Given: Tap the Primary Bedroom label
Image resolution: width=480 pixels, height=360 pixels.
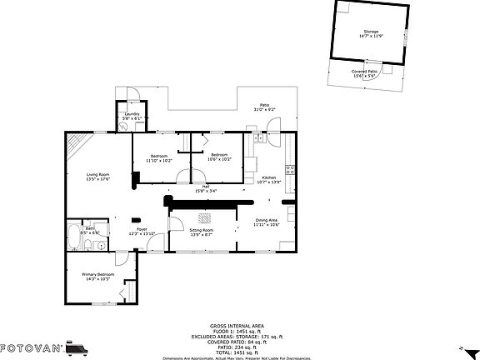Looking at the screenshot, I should coord(97,276).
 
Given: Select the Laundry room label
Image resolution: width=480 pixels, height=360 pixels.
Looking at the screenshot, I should coord(132,116).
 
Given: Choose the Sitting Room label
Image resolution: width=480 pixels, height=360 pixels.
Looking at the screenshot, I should coord(202,232).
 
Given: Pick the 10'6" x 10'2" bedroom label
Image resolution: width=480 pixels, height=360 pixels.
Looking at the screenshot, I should coord(219,157).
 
